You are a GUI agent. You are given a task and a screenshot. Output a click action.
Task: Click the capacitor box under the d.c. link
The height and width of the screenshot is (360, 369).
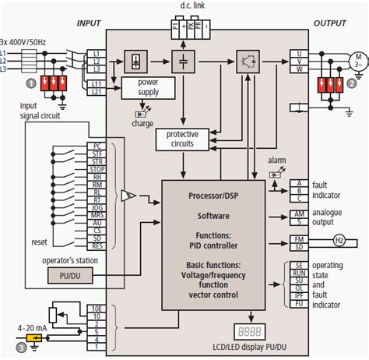[x=184, y=59]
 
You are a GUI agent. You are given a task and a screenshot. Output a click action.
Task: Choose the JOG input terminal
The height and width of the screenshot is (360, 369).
[x=97, y=209]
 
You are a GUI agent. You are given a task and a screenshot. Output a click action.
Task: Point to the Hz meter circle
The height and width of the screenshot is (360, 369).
[x=340, y=241]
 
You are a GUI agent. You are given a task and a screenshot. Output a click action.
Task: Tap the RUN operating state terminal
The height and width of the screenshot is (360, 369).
[x=297, y=274]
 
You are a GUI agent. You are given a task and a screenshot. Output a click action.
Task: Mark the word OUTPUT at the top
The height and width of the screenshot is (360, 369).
[x=329, y=25]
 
